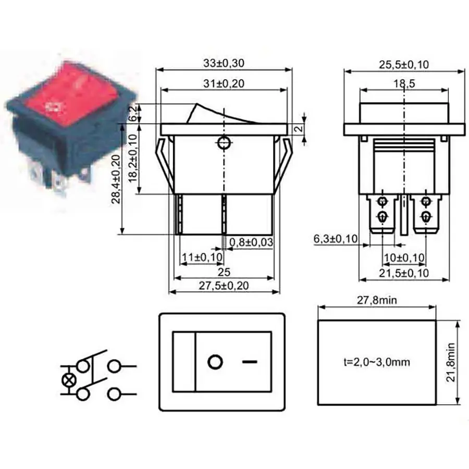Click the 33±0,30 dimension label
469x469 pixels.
224,63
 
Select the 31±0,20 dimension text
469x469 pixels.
224,83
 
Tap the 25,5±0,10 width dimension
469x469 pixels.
404,65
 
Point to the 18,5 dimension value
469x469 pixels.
404,83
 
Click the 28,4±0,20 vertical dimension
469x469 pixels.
116,179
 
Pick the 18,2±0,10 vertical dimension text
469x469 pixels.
132,158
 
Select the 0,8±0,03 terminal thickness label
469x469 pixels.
251,242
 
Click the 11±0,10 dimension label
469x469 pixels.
202,257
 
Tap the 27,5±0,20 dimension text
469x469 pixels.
224,286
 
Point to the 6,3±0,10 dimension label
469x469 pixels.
335,239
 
